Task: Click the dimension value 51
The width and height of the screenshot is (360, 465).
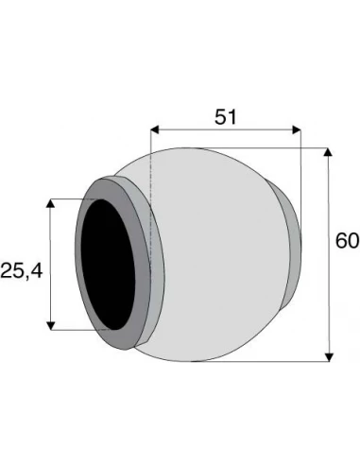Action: pyautogui.click(x=224, y=116)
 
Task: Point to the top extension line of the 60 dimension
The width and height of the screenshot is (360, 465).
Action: pyautogui.click(x=274, y=147)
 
